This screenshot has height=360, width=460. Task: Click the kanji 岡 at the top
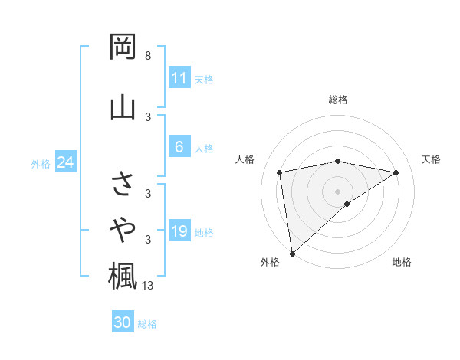point(123,47)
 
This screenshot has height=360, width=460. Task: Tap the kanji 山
point(123,106)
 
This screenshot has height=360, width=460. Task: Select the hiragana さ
point(123,184)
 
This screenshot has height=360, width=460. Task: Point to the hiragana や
point(123,227)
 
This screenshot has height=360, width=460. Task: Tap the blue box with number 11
point(179,78)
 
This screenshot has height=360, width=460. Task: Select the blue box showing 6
point(179,148)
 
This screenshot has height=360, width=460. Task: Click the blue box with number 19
point(179,231)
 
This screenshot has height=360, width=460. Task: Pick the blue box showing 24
point(65,162)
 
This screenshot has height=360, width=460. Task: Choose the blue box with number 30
point(123,322)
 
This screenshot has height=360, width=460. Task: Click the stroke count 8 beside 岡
point(147,56)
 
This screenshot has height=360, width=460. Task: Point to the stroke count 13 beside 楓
point(148,286)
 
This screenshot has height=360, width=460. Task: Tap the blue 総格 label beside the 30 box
point(148,324)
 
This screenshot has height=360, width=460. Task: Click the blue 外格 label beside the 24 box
point(41,163)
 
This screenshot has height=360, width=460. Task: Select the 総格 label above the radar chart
point(338,100)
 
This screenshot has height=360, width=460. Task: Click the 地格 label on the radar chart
point(402,262)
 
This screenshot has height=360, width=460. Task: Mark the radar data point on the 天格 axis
point(396,172)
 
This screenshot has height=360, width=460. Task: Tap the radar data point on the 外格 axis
point(292,253)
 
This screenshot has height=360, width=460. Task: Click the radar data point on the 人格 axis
point(280,172)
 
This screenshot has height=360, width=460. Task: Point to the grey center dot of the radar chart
point(338,190)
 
